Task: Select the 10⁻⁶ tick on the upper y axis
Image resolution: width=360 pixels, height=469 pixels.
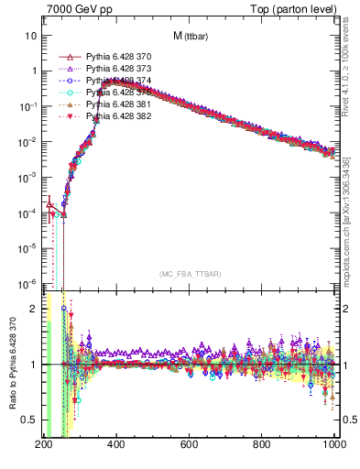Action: [x=27, y=283]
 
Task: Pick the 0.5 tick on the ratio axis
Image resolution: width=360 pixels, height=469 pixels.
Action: [x=29, y=420]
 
